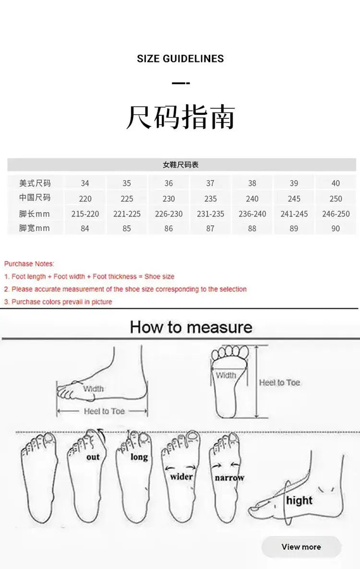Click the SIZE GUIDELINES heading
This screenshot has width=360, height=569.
180,59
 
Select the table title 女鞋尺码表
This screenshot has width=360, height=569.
180,165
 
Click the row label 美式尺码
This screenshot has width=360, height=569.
35,183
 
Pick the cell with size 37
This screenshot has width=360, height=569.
210,183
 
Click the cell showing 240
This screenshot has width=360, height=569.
252,199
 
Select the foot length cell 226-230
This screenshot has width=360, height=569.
168,214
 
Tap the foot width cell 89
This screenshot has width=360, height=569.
294,229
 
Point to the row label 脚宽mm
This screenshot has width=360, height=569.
35,229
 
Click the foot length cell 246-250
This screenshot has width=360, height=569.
336,214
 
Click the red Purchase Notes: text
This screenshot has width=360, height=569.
29,264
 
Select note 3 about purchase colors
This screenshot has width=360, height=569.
58,302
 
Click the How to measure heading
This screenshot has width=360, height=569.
191,327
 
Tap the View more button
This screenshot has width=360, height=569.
301,547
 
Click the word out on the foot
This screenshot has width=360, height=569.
93,457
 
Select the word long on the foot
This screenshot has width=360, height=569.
139,457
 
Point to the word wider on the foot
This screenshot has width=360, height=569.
181,477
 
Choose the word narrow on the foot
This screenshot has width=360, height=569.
229,478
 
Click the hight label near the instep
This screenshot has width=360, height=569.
299,500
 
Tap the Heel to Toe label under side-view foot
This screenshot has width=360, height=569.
104,411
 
